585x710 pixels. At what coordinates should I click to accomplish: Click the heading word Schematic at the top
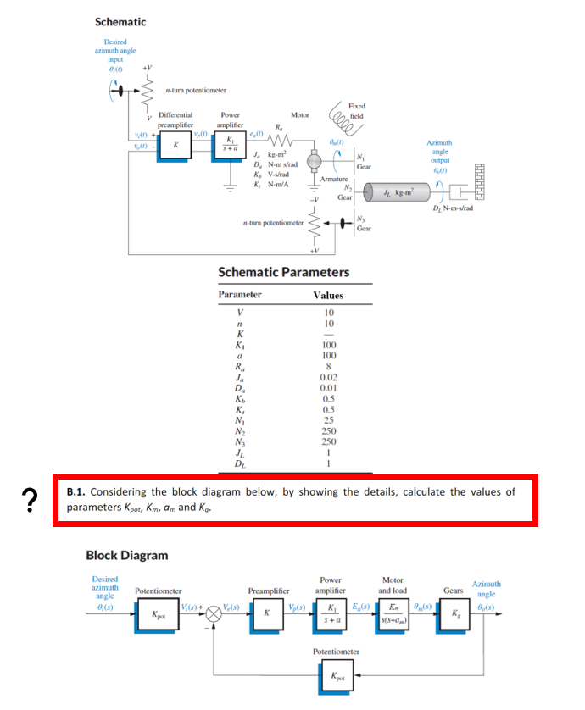(x=120, y=21)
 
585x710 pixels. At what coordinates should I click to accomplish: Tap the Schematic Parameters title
(x=283, y=272)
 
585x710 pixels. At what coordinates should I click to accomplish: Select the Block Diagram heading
(x=127, y=555)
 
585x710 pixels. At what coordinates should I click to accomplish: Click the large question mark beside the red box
(x=31, y=501)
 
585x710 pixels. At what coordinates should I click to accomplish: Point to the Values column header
(x=328, y=295)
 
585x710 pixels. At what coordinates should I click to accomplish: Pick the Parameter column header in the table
(x=240, y=295)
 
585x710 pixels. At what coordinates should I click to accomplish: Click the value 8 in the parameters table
(x=328, y=368)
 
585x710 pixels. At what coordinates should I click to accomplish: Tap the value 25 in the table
(x=328, y=421)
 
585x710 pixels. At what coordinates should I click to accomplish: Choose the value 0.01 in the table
(x=328, y=389)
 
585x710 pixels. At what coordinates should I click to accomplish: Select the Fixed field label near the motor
(x=357, y=111)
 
